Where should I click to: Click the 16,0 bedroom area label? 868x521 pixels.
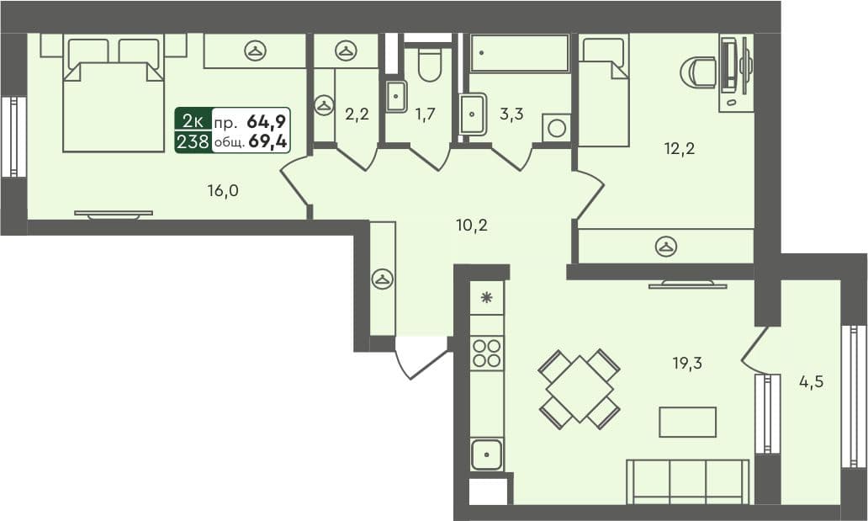[x=223, y=190]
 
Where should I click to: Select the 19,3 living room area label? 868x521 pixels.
[x=687, y=364]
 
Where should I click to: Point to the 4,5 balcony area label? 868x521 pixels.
[x=811, y=380]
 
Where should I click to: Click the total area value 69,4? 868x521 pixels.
[x=268, y=141]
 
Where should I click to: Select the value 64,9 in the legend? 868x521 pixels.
[x=267, y=120]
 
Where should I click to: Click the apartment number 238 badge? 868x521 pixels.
[x=193, y=141]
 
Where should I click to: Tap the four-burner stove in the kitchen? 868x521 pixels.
[x=487, y=352]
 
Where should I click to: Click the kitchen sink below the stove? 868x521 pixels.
[x=486, y=455]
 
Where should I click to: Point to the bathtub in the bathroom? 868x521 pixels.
[x=520, y=53]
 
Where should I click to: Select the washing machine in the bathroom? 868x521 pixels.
[x=556, y=129]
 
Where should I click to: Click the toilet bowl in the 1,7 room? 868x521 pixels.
[x=429, y=66]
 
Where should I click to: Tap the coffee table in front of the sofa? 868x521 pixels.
[x=687, y=422]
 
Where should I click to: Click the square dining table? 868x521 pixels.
[x=580, y=389]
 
